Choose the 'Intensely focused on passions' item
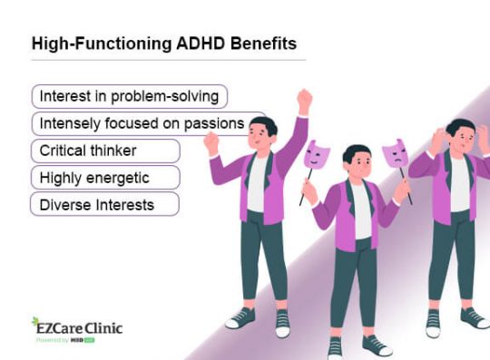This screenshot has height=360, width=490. pyautogui.click(x=148, y=123)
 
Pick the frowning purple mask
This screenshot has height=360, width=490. pyautogui.click(x=395, y=155)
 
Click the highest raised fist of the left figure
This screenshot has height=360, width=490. pyautogui.click(x=304, y=97)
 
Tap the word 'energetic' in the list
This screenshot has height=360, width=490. pyautogui.click(x=121, y=177)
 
